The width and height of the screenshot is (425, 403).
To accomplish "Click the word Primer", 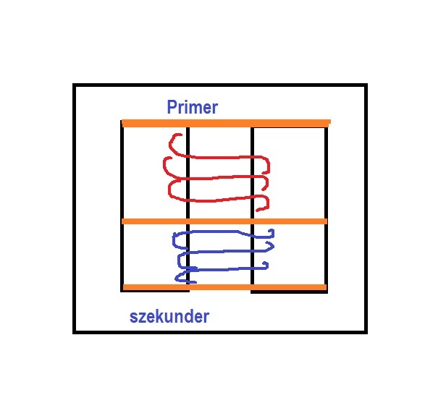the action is (192, 107).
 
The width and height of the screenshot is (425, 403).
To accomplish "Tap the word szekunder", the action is (169, 316).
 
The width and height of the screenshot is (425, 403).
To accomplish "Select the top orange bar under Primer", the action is (226, 123).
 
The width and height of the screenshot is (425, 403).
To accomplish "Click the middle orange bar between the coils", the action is (224, 221).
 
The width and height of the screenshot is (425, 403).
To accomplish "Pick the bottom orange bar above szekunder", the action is (224, 287).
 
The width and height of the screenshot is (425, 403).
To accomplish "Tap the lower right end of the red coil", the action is (257, 210).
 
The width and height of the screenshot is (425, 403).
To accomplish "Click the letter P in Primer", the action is (171, 106).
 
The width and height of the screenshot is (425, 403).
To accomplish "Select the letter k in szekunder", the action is (160, 316).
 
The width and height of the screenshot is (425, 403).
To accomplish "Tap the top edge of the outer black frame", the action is (220, 85).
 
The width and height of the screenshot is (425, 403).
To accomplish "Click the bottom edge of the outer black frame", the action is (220, 332).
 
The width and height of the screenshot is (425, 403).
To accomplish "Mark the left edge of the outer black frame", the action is (75, 208).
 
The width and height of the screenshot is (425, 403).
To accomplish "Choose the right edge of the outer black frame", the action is (366, 208).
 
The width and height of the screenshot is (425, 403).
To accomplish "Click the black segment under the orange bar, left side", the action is (155, 291).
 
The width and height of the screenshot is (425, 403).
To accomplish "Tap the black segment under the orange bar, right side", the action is (289, 292).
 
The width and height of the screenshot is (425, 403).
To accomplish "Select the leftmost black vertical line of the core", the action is (122, 205).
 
